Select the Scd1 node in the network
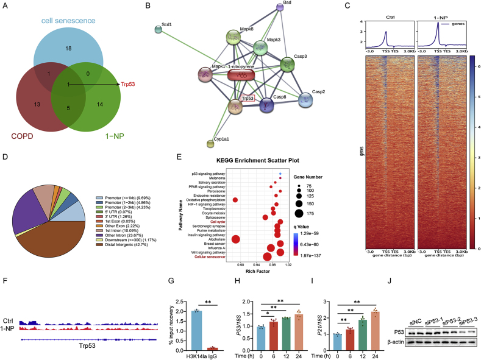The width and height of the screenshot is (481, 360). (x=159, y=29)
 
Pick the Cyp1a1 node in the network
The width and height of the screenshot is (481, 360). (x=210, y=144)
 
